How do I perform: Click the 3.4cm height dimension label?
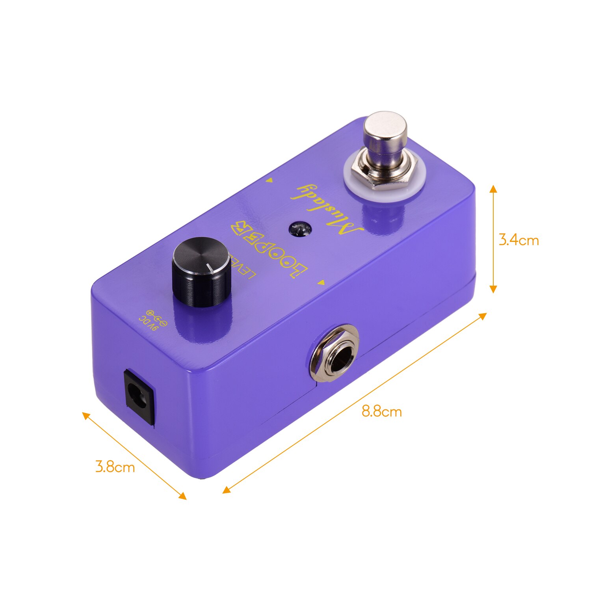click(519, 240)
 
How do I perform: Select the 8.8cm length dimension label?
click(382, 412)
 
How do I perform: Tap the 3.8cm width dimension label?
click(115, 467)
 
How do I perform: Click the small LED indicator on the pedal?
click(300, 229)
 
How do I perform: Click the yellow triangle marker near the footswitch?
click(271, 180)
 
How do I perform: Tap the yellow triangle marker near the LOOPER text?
click(322, 282)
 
